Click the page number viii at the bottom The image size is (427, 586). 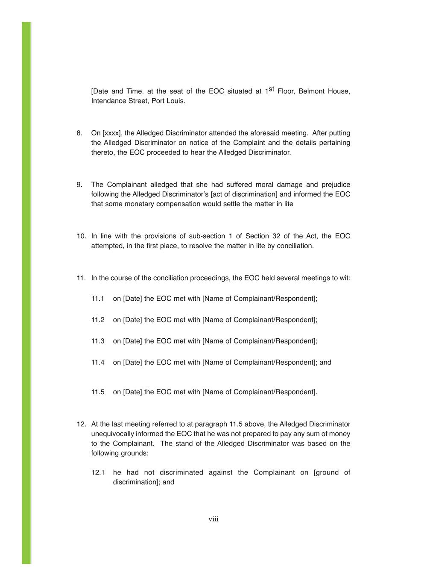click(x=213, y=519)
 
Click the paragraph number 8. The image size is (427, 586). click(x=79, y=133)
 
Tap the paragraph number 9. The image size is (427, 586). click(x=79, y=185)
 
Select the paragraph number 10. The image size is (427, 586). click(x=81, y=236)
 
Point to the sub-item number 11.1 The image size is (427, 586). click(x=98, y=299)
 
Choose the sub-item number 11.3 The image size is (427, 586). click(x=98, y=341)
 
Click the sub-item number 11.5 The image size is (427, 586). click(x=98, y=392)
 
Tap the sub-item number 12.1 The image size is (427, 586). click(x=98, y=472)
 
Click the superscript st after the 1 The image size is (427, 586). click(x=271, y=89)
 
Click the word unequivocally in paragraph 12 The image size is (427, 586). click(x=111, y=434)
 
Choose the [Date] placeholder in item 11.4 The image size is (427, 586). click(x=132, y=363)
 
